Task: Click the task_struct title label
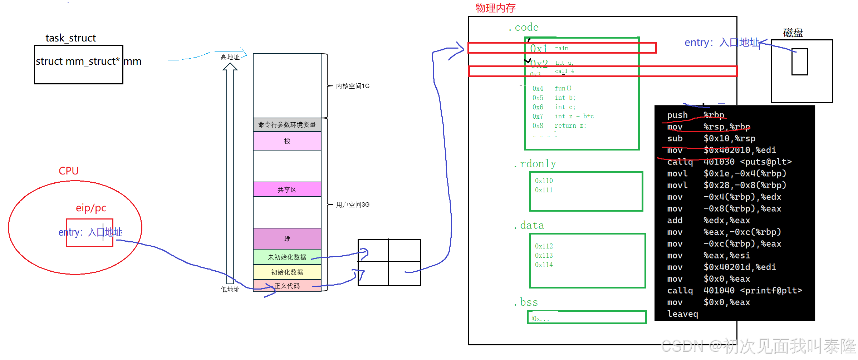tap(70, 38)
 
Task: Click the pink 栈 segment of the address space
tap(287, 141)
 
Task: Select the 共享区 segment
tap(287, 189)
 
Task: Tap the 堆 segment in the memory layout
tap(287, 239)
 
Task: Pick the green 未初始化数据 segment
tap(287, 257)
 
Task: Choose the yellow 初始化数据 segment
tap(287, 272)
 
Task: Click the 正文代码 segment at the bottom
tap(287, 286)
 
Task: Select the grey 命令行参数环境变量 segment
tap(287, 125)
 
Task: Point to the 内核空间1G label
tap(353, 86)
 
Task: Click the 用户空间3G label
tap(353, 204)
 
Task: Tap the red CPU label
tap(69, 171)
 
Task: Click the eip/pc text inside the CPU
tap(91, 208)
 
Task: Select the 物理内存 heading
tap(495, 8)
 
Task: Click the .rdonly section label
tap(535, 164)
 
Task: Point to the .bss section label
tap(526, 302)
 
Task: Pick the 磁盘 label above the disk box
tap(793, 33)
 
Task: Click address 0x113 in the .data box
tap(544, 255)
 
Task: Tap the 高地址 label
tap(230, 57)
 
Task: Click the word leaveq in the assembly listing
tap(682, 314)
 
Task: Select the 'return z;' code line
tap(570, 125)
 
